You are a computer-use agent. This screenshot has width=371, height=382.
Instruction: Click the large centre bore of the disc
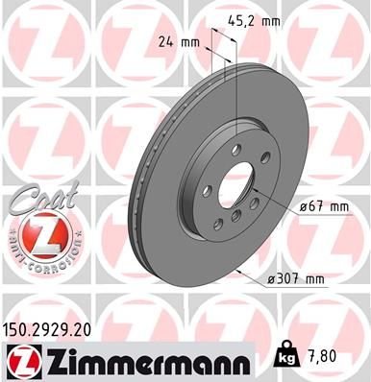(x=235, y=183)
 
